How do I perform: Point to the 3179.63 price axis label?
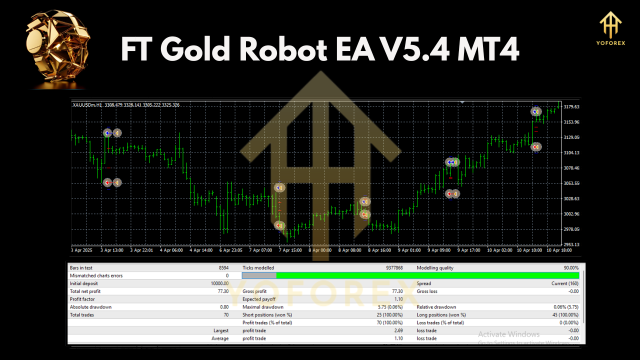[571, 106]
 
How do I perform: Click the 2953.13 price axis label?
[571, 244]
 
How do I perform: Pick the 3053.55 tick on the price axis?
[571, 183]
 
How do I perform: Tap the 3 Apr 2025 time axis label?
[82, 250]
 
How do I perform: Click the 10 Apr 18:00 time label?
[558, 250]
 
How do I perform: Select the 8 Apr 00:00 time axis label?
[320, 250]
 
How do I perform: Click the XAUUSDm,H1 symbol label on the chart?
[88, 105]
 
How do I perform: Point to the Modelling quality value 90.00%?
[570, 268]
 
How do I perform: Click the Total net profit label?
[85, 291]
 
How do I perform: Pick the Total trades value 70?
[225, 315]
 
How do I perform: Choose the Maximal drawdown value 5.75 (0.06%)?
[387, 307]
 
